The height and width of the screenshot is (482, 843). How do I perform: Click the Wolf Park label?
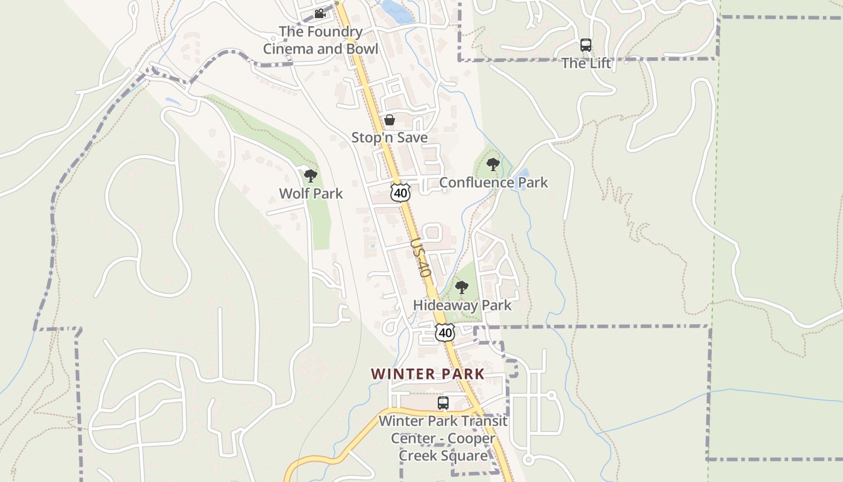click(x=311, y=193)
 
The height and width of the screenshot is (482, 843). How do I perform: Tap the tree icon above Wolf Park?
click(x=311, y=176)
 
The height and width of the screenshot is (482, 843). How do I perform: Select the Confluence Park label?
click(x=493, y=182)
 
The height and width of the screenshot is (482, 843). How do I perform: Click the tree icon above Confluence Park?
click(x=493, y=164)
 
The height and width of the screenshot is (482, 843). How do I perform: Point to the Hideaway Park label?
click(x=462, y=305)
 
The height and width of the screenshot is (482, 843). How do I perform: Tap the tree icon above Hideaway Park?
click(x=462, y=287)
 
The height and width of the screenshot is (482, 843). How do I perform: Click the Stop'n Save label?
click(x=390, y=137)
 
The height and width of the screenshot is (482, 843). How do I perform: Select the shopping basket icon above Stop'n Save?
click(x=390, y=120)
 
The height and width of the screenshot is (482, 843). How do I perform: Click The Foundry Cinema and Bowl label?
click(x=320, y=40)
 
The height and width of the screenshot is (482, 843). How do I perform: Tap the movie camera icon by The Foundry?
click(x=320, y=13)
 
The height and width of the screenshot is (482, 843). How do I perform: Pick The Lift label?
click(x=586, y=63)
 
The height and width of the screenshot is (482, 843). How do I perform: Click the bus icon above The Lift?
click(x=586, y=45)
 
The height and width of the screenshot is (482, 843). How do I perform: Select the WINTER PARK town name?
click(x=428, y=374)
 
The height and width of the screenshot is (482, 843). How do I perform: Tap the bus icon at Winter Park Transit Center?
click(x=443, y=403)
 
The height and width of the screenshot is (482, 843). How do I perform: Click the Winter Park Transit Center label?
click(x=443, y=438)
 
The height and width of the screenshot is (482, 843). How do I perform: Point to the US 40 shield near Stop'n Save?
click(x=400, y=193)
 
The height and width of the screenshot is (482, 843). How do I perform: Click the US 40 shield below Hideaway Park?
click(x=445, y=332)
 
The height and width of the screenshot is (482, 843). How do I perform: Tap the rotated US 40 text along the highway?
click(x=421, y=257)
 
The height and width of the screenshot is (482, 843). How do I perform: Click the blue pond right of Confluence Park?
click(x=523, y=179)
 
